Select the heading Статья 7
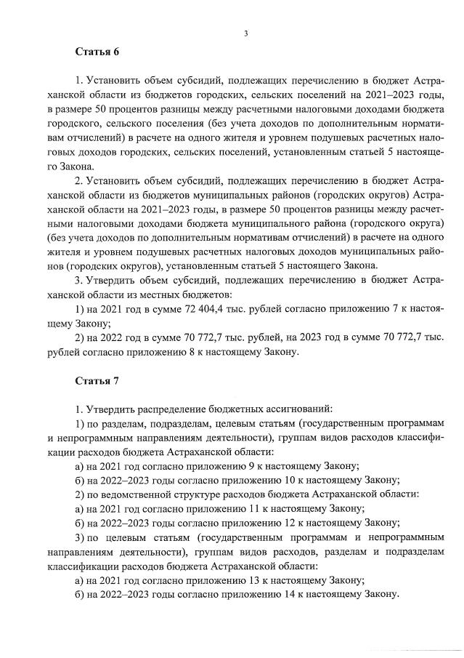[x=97, y=381]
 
